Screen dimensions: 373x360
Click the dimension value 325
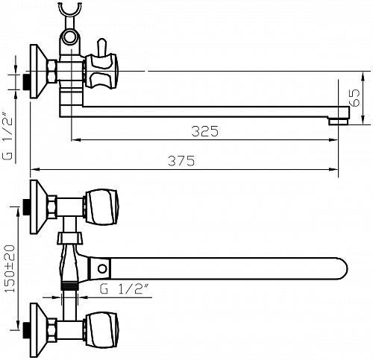pyautogui.click(x=204, y=131)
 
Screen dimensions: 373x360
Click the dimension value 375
pyautogui.click(x=181, y=161)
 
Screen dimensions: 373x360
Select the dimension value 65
pyautogui.click(x=355, y=98)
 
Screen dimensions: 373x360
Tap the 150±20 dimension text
pyautogui.click(x=10, y=268)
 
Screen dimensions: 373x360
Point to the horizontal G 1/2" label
pyautogui.click(x=125, y=289)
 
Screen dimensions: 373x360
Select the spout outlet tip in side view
pyautogui.click(x=339, y=121)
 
